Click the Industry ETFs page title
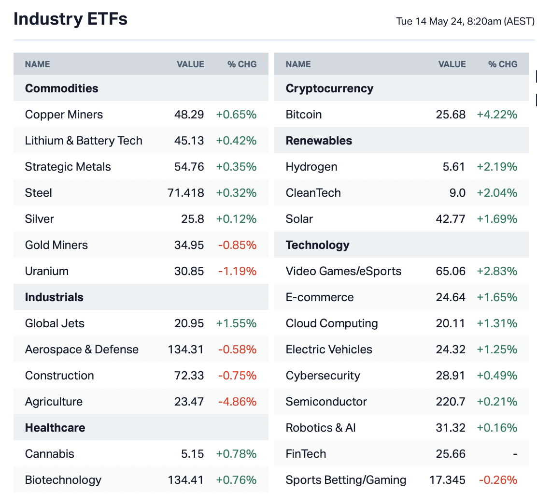tap(71, 19)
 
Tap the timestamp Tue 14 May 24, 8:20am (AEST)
tap(465, 21)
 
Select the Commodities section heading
tap(61, 88)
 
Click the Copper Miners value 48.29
tap(189, 115)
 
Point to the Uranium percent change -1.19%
tap(237, 271)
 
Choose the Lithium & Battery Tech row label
tap(84, 141)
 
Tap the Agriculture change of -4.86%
tap(237, 402)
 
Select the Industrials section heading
tap(54, 297)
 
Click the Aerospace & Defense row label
tap(82, 349)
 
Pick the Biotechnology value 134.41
tap(186, 480)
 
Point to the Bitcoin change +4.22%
tap(497, 115)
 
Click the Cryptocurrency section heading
tap(329, 88)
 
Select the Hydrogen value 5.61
tap(454, 167)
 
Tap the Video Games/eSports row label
tap(343, 271)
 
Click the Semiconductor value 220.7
tap(451, 402)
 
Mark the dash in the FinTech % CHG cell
tap(515, 454)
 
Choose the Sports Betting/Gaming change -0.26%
tap(498, 480)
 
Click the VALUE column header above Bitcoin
tap(452, 64)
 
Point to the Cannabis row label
tap(50, 454)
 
